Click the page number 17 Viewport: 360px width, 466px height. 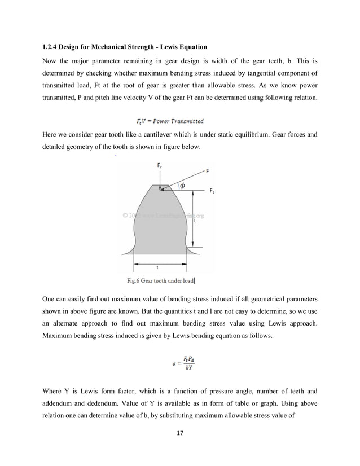click(181, 433)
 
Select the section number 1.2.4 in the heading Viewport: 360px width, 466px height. click(52, 46)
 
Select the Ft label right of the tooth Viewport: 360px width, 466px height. click(212, 191)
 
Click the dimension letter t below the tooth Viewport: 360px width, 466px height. click(157, 267)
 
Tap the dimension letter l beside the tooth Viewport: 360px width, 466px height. click(195, 221)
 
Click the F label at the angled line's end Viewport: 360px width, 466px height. click(208, 170)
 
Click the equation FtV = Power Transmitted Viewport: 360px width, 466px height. click(170, 121)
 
